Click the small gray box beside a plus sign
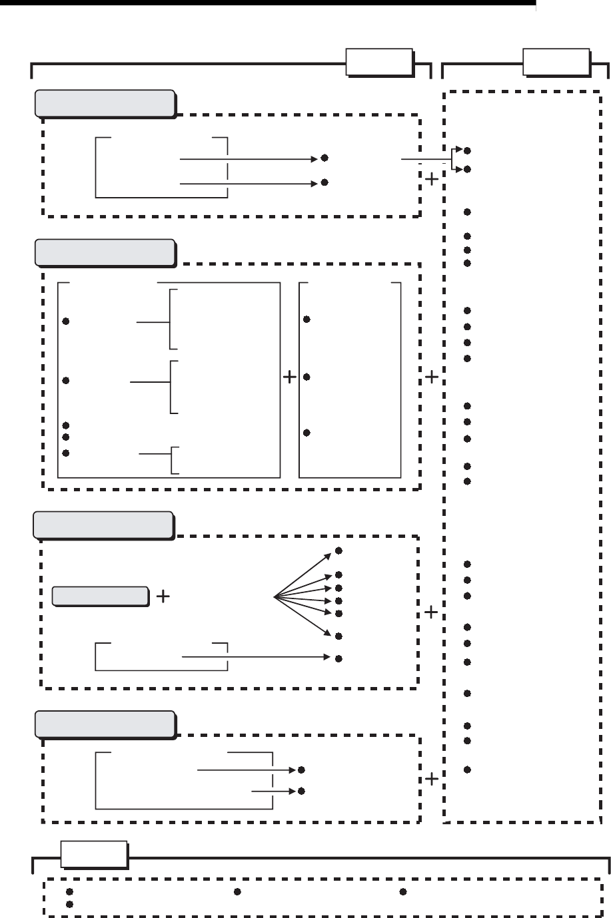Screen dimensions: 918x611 pyautogui.click(x=101, y=596)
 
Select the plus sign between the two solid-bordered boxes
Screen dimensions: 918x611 pyautogui.click(x=290, y=378)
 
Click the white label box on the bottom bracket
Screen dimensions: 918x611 pyautogui.click(x=94, y=855)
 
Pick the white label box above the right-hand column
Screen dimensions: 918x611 pyautogui.click(x=556, y=63)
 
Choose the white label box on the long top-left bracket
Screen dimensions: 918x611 pyautogui.click(x=379, y=63)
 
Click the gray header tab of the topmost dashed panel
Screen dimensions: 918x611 pyautogui.click(x=105, y=103)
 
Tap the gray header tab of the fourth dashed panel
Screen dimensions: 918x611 pyautogui.click(x=105, y=724)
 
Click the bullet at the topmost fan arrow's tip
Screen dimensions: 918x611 pyautogui.click(x=338, y=551)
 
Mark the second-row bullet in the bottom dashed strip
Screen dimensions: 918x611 pyautogui.click(x=69, y=905)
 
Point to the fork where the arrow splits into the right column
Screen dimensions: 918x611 pyautogui.click(x=452, y=160)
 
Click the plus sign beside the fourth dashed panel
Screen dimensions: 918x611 pyautogui.click(x=432, y=778)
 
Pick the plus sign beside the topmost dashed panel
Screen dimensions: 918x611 pyautogui.click(x=432, y=180)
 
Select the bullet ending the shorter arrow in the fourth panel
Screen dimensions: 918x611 pyautogui.click(x=302, y=792)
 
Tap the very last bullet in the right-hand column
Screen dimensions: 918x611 pyautogui.click(x=468, y=770)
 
